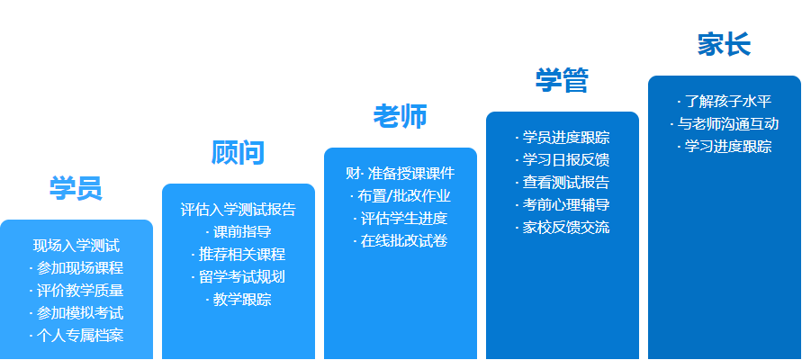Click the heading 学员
pos(76,188)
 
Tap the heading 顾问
pos(238,152)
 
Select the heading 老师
pos(400,116)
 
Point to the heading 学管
pos(562,80)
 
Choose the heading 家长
pos(724,44)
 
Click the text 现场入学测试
pos(77,246)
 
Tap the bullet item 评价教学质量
pos(80,291)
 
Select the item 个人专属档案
pos(80,336)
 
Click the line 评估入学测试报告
pos(239,210)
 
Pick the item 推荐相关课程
pos(242,254)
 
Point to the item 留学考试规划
pos(242,276)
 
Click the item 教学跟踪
pos(242,299)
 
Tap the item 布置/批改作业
pos(403,196)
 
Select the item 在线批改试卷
pos(403,241)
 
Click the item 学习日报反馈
pos(565,160)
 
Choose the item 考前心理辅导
pos(565,205)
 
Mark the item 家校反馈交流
pos(565,228)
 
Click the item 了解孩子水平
pos(728,101)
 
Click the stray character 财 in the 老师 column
pos(353,174)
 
